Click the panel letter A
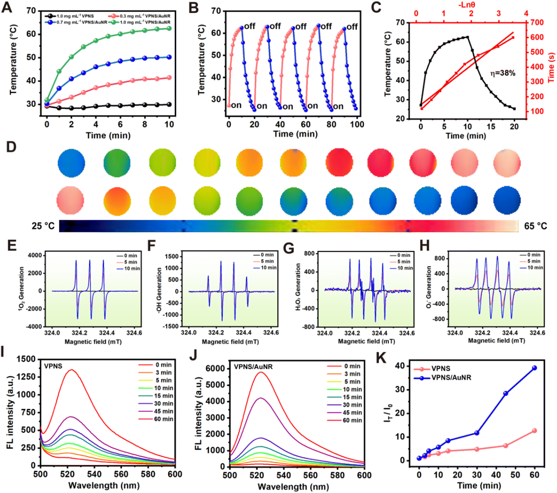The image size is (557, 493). click(x=7, y=7)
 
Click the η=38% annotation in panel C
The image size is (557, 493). click(x=503, y=73)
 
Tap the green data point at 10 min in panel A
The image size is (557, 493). click(x=169, y=28)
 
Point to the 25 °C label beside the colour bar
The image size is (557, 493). click(x=43, y=226)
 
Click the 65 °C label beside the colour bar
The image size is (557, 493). click(x=535, y=226)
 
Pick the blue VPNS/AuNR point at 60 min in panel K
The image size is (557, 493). click(x=534, y=368)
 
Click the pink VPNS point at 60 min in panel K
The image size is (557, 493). click(x=534, y=431)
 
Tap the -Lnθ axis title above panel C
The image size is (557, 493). click(x=467, y=5)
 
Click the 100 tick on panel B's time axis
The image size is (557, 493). click(x=357, y=124)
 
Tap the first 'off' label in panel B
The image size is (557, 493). click(x=250, y=26)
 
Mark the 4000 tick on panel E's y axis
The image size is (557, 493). click(x=35, y=255)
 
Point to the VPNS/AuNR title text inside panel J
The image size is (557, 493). click(x=253, y=367)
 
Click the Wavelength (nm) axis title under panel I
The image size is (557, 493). click(x=104, y=485)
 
